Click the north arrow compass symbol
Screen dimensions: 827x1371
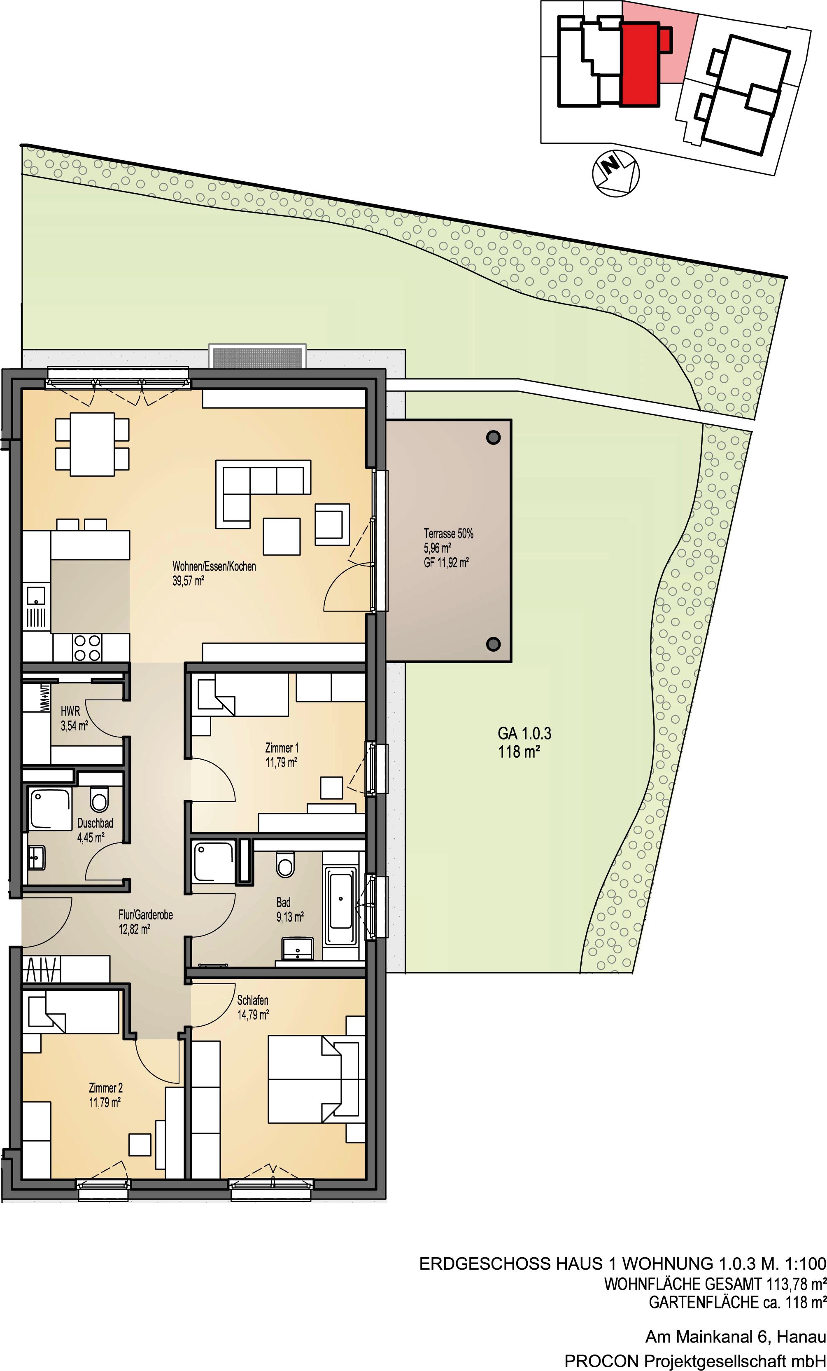pos(616,173)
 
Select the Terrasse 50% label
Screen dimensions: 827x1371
pos(448,533)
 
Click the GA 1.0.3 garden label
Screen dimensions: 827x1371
pos(524,733)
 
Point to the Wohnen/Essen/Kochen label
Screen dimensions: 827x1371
pos(214,566)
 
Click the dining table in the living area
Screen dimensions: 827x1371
pos(92,444)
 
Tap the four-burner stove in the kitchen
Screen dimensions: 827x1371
pos(87,648)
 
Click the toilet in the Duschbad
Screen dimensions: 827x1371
pos(99,800)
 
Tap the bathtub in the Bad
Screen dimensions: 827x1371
pos(340,905)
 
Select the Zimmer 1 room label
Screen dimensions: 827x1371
pos(282,748)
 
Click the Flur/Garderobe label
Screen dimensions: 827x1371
pos(146,915)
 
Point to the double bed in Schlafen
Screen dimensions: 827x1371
pos(313,1079)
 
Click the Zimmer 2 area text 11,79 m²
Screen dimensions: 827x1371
pos(105,1102)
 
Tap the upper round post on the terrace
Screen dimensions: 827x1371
pos(493,438)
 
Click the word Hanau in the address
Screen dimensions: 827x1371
pos(801,1336)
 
